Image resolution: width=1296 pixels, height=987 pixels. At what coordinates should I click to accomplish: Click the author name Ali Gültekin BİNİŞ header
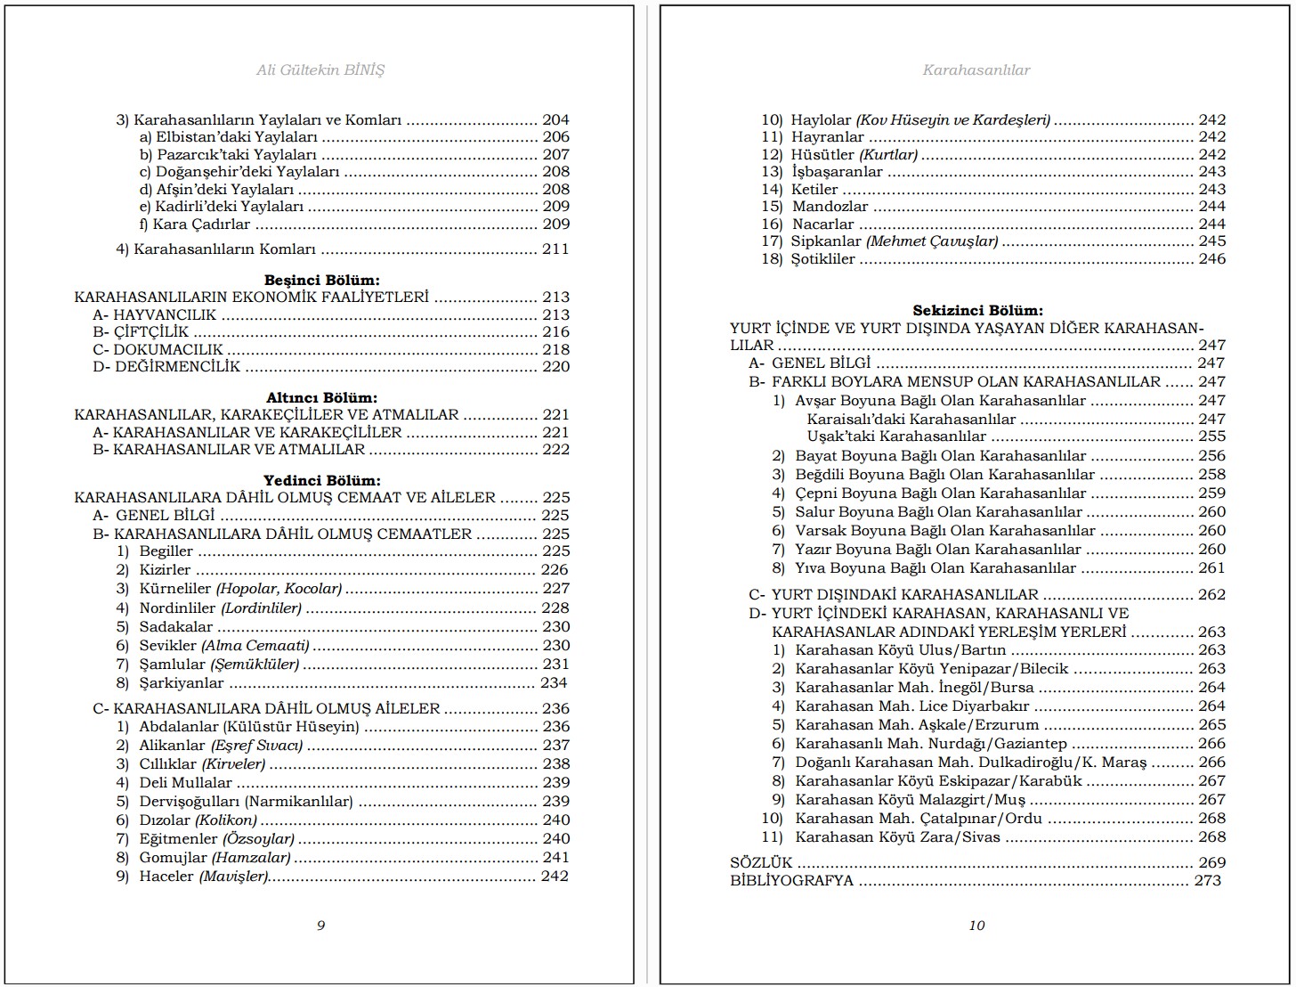[320, 69]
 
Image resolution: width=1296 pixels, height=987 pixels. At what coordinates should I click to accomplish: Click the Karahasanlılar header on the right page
[976, 69]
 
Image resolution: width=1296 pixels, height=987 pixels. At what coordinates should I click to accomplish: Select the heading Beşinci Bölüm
[321, 280]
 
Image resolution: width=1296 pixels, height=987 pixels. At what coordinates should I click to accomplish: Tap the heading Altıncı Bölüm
[321, 397]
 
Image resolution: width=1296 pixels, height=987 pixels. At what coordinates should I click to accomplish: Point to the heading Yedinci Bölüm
[321, 480]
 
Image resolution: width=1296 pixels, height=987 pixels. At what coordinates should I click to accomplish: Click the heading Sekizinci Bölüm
[977, 310]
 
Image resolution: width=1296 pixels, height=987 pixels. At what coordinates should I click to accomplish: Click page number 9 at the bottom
[321, 925]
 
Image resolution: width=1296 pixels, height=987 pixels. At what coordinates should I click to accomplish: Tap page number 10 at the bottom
[976, 925]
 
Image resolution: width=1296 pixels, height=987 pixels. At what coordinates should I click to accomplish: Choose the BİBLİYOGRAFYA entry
[791, 880]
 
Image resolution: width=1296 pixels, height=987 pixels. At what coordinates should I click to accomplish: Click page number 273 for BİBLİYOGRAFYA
[1207, 880]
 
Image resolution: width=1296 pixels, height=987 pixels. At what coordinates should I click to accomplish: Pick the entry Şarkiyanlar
[182, 682]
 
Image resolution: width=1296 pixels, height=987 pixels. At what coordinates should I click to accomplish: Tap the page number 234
[554, 682]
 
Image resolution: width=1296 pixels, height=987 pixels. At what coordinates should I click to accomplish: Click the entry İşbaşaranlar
[837, 171]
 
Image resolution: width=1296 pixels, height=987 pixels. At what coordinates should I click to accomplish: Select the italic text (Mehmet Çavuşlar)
[932, 241]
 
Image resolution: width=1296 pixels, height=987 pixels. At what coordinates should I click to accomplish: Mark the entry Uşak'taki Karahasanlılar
[896, 436]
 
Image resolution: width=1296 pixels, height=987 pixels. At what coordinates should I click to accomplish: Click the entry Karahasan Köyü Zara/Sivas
[897, 836]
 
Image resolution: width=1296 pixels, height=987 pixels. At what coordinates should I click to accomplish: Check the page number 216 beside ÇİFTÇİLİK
[555, 331]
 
